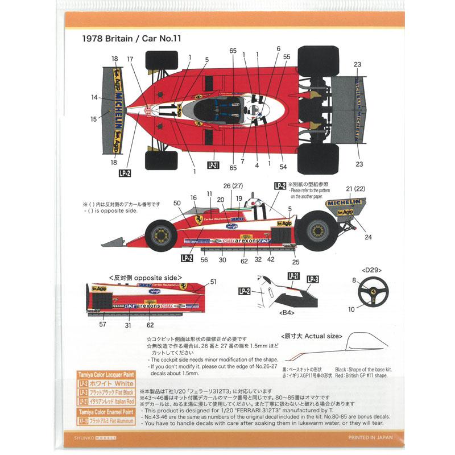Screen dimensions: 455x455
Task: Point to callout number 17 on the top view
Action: tap(130, 59)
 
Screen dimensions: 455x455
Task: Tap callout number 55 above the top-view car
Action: tap(287, 57)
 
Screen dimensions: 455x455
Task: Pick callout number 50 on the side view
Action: tap(177, 202)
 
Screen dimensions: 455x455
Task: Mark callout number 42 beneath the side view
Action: tap(271, 259)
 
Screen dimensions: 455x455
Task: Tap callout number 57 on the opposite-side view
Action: tap(102, 325)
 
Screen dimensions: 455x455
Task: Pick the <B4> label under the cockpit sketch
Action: tap(287, 312)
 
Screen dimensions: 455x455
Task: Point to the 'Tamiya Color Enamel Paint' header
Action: tap(105, 411)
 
